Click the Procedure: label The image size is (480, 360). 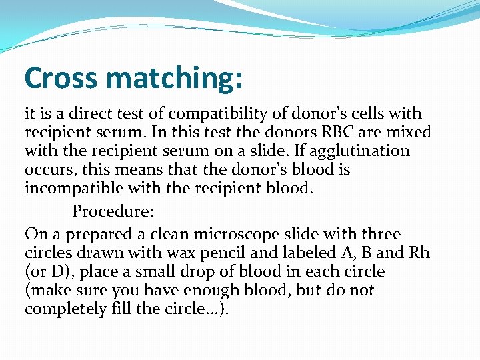click(x=113, y=212)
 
